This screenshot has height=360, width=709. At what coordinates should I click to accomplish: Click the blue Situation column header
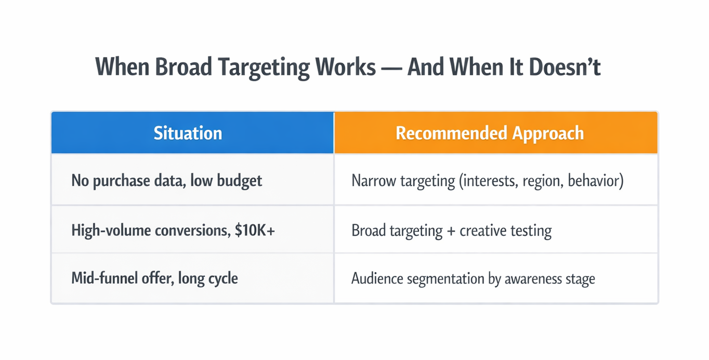coord(188,134)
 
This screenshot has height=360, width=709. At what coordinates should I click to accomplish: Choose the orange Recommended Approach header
coord(490,134)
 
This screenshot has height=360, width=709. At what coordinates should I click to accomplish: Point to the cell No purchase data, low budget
coord(166,181)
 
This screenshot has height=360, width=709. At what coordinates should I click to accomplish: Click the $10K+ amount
coord(255,230)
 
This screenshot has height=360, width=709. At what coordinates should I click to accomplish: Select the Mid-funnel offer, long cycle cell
coord(154,278)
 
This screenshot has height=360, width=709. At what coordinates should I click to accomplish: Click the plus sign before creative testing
coord(451,231)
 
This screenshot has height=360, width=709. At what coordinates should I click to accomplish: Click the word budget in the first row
coord(240,181)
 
